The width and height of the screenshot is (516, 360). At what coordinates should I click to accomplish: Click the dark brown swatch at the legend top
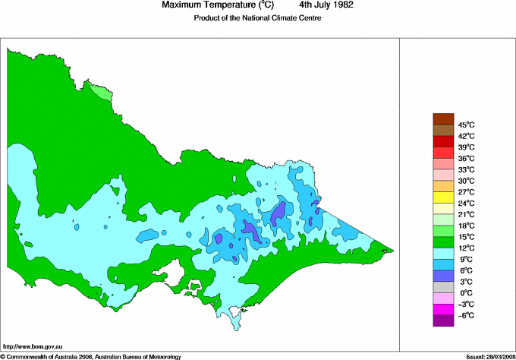(x=442, y=118)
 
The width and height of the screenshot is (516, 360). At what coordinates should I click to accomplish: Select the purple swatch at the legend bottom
(x=442, y=321)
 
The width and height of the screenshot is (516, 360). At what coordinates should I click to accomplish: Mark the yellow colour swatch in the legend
(x=442, y=197)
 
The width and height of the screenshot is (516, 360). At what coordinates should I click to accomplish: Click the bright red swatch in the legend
(x=442, y=141)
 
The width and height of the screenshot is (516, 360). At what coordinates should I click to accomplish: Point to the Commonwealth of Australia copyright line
(x=91, y=355)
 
